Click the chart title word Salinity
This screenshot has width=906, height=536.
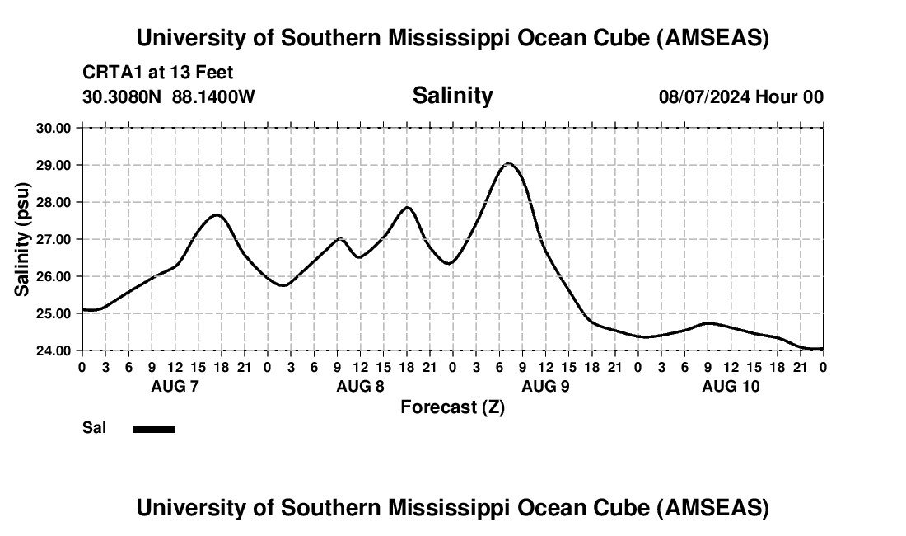click(452, 96)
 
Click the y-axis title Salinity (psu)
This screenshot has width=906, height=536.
click(22, 238)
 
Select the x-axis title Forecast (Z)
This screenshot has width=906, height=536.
click(452, 407)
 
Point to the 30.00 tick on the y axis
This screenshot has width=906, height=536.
click(53, 128)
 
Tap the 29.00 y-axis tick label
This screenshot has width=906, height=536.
click(53, 165)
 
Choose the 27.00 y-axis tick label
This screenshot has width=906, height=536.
click(53, 239)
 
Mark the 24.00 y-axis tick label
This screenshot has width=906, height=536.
click(53, 350)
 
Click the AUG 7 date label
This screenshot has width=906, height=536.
click(175, 386)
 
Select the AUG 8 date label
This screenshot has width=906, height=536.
click(360, 386)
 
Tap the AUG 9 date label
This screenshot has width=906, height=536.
click(545, 386)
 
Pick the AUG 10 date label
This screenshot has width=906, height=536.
click(731, 386)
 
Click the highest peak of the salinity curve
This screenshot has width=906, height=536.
click(509, 163)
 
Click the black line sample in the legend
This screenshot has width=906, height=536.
click(153, 429)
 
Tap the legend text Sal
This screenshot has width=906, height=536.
click(92, 428)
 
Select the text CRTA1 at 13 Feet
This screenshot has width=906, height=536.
click(157, 73)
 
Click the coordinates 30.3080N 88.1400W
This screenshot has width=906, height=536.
click(169, 96)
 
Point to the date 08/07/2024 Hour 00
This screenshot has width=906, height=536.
click(740, 96)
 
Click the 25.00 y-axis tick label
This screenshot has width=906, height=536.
click(53, 313)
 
